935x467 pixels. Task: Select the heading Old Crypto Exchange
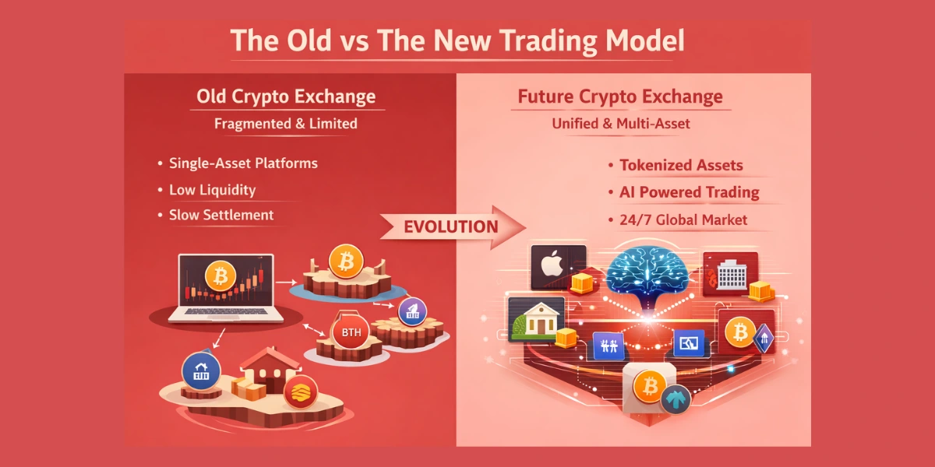tap(286, 97)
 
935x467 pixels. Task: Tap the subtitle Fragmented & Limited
tap(286, 124)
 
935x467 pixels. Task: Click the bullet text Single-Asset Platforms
tap(243, 164)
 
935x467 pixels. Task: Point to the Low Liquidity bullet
tap(212, 190)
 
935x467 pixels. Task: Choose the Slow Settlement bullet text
tap(221, 216)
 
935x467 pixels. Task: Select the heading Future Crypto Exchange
tap(620, 97)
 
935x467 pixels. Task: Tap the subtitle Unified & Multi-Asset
tap(620, 124)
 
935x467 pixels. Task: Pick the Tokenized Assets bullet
tap(681, 165)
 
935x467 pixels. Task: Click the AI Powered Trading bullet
tap(689, 192)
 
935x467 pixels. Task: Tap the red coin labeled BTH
tap(348, 334)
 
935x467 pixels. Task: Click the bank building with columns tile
tap(536, 319)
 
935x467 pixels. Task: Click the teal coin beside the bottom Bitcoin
tap(675, 399)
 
